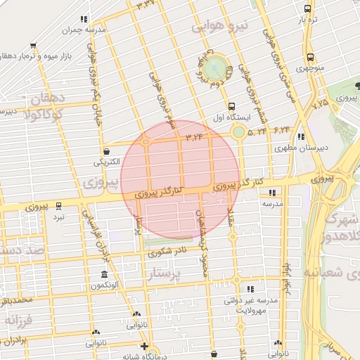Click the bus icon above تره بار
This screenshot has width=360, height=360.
coord(308,9)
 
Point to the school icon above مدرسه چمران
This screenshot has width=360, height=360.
coord(84,20)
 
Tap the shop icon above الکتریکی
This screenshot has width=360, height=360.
coord(106,150)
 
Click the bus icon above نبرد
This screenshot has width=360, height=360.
coord(59,207)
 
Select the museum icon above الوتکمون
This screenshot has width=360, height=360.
coord(104,274)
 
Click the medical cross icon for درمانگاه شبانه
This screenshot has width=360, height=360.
coord(144,347)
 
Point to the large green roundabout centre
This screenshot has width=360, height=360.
coord(217,68)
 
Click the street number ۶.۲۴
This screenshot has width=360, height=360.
coord(282,130)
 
